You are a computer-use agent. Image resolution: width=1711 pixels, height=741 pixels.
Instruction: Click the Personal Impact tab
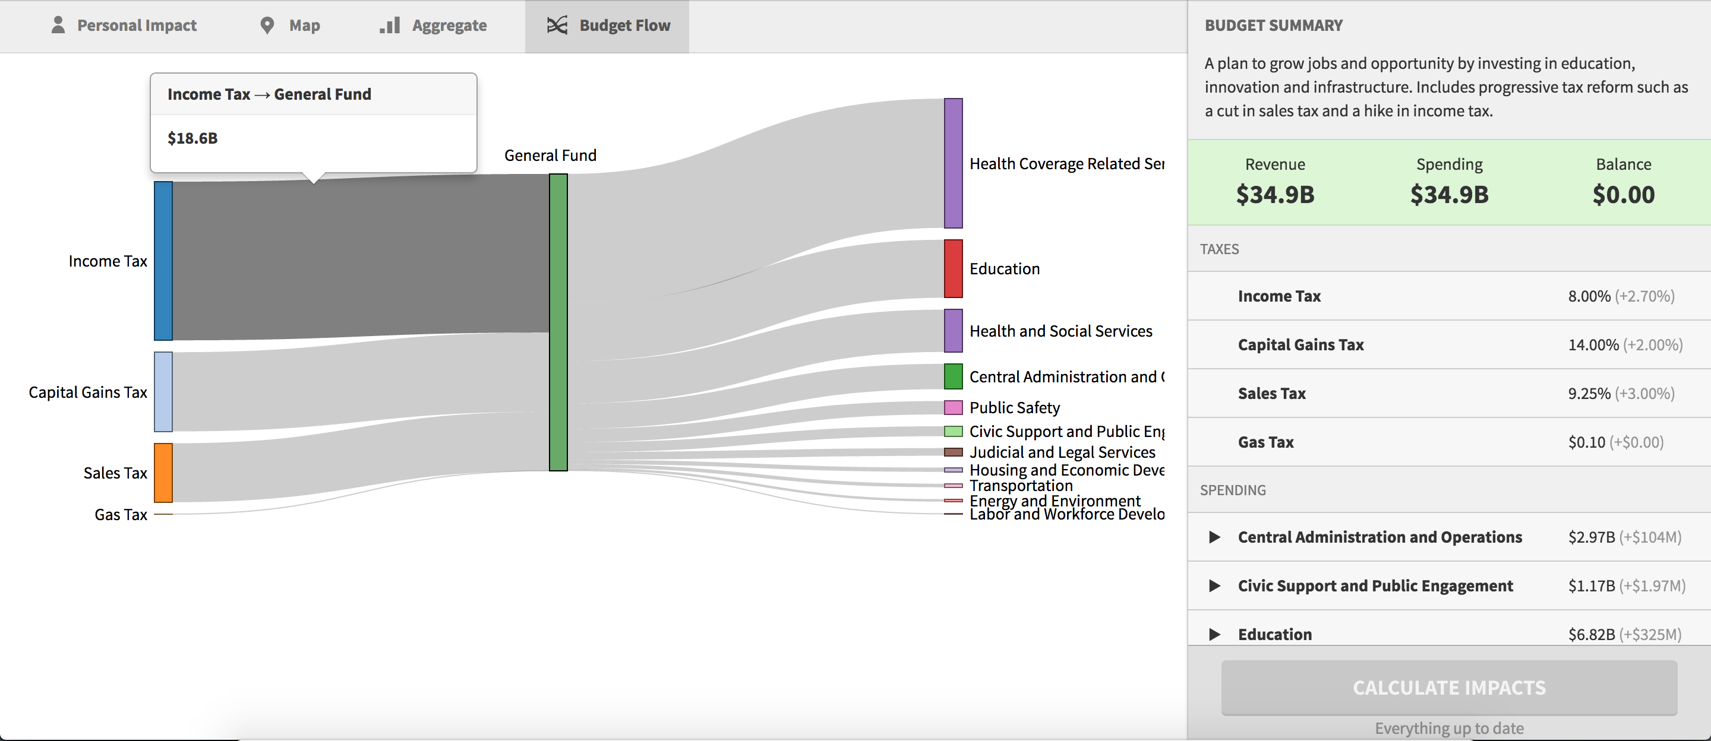(124, 25)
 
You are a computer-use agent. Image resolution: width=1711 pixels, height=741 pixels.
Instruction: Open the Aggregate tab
(433, 25)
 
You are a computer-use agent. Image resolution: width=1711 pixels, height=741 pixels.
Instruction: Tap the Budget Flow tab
(608, 25)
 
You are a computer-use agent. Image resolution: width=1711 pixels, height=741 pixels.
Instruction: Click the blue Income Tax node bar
(163, 261)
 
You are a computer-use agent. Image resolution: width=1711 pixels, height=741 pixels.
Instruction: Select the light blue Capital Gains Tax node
(163, 392)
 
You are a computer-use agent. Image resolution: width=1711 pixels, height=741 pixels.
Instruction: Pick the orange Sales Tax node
(163, 473)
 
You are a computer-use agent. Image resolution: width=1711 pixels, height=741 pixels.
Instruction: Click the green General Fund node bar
(558, 322)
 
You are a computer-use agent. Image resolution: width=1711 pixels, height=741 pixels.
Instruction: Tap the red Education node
(953, 269)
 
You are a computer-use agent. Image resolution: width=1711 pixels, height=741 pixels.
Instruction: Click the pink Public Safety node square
(953, 407)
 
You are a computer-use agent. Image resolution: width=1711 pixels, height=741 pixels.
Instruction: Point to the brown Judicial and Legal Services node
(953, 452)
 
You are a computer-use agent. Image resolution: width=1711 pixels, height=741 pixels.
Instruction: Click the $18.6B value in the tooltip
(192, 138)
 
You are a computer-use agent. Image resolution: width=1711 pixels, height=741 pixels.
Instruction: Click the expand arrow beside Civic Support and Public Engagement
(1214, 585)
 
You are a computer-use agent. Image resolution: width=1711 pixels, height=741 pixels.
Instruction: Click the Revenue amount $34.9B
(1274, 195)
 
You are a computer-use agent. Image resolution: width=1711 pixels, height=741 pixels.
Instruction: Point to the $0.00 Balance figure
(1623, 195)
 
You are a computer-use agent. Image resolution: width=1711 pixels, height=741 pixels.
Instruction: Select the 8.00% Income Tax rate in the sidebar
(1589, 296)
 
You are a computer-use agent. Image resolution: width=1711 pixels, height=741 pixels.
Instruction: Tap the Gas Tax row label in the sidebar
(1265, 442)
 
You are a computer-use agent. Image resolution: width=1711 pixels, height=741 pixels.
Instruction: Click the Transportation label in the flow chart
(1021, 485)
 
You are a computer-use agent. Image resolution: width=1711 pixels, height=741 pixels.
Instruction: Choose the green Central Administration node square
(953, 376)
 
